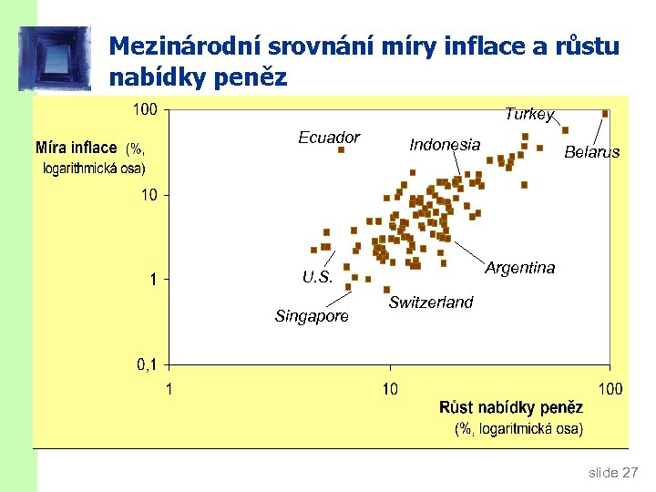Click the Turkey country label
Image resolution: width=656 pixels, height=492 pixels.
(529, 114)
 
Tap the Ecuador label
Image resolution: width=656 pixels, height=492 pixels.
(329, 138)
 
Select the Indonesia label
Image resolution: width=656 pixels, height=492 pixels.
(445, 144)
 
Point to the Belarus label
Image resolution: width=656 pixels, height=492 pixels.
(591, 152)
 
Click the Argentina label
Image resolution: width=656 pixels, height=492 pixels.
(519, 268)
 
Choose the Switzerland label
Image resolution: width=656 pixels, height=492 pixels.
(431, 302)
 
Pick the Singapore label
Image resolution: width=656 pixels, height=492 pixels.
(312, 316)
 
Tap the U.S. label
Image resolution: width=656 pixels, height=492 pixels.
(318, 277)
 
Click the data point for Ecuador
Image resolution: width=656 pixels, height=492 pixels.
(341, 149)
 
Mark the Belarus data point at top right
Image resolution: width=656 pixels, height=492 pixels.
(605, 114)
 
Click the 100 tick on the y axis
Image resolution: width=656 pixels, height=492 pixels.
(145, 110)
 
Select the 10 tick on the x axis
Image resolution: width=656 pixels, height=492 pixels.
(389, 389)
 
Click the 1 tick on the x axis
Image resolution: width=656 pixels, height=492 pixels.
(169, 389)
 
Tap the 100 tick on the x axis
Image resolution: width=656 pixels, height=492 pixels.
(609, 389)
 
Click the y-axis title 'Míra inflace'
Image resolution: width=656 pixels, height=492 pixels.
(77, 148)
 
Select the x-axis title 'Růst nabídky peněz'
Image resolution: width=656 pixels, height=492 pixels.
(510, 408)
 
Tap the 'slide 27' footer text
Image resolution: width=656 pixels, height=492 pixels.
(613, 472)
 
